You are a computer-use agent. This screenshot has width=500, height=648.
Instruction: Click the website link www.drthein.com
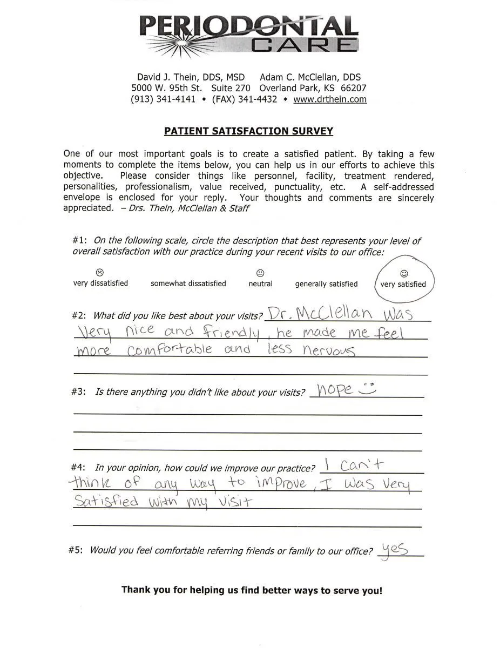(330, 99)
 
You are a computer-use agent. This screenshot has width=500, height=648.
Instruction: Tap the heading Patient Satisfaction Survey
(249, 131)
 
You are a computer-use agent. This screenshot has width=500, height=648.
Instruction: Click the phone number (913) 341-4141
(163, 99)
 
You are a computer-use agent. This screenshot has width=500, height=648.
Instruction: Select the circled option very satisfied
(403, 284)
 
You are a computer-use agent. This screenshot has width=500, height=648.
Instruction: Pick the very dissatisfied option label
(100, 283)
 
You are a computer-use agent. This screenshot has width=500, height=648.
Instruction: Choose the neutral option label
(260, 283)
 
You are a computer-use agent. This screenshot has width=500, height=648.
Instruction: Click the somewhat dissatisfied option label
(188, 283)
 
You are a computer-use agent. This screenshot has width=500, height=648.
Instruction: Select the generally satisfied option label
(326, 283)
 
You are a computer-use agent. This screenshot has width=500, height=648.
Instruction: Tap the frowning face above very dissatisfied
(100, 272)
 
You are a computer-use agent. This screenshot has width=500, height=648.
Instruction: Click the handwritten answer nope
(335, 389)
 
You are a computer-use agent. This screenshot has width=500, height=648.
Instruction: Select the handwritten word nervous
(328, 351)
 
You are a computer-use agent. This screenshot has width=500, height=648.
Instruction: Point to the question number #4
(78, 468)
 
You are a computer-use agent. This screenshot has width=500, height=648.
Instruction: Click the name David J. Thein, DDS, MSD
(191, 77)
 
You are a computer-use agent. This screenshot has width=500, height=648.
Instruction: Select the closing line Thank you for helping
(252, 590)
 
